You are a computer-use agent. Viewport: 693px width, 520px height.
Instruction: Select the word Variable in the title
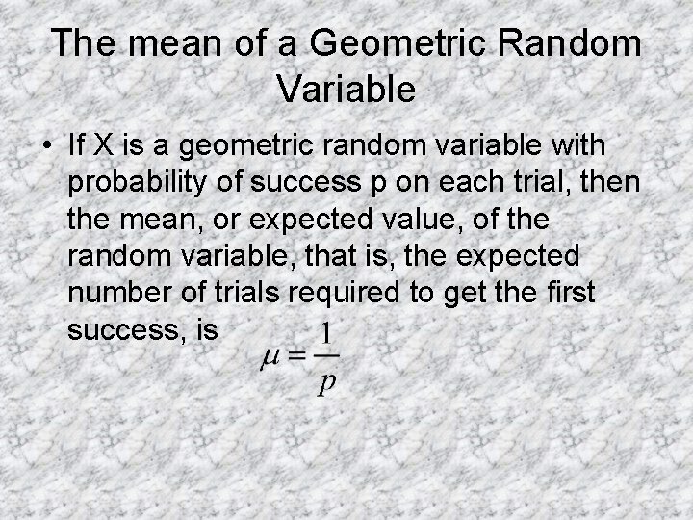(346, 90)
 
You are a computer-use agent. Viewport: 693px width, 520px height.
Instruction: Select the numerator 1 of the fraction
(327, 333)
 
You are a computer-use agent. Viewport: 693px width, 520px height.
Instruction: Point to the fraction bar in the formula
(327, 355)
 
